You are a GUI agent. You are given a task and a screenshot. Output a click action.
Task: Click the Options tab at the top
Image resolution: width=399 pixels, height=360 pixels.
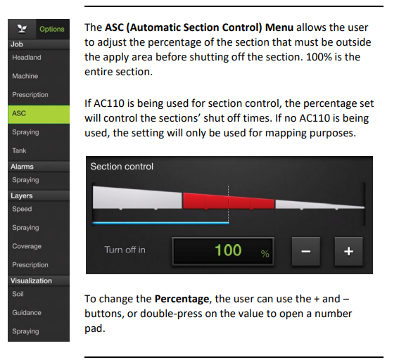[51, 30]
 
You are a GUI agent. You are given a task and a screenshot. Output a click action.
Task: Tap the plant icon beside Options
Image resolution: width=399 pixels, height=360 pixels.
[23, 30]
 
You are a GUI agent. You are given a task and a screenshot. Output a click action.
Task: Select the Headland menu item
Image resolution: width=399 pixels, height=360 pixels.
[27, 58]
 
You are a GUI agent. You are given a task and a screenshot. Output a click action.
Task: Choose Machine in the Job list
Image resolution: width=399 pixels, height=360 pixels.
[25, 76]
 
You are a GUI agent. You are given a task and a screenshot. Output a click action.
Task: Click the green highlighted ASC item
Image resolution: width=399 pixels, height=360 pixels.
[39, 113]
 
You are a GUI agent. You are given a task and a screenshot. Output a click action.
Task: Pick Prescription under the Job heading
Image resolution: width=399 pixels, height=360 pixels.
[30, 95]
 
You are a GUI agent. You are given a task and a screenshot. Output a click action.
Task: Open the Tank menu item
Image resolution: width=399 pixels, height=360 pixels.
[19, 151]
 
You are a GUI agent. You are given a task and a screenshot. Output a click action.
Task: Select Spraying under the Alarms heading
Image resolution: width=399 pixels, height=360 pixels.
[25, 181]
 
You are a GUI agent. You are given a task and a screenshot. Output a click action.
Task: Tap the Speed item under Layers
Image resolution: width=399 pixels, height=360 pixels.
[22, 209]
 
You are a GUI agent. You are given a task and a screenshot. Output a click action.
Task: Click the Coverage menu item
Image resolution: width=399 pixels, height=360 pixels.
[27, 246]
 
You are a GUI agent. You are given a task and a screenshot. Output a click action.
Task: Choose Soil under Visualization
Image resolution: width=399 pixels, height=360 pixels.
[18, 294]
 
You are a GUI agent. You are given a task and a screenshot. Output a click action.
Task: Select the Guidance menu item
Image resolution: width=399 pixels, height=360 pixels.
[27, 313]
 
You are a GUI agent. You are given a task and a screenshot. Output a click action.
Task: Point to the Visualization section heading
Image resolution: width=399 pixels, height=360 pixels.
[32, 281]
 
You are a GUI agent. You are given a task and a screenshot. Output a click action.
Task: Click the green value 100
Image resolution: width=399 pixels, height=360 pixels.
[228, 250]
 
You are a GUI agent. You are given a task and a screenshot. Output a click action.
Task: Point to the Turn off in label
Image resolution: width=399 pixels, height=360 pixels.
[125, 250]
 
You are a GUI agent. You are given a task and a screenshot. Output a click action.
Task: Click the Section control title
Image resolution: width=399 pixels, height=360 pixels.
[122, 167]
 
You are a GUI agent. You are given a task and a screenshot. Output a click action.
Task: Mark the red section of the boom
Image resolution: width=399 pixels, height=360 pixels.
[228, 200]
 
